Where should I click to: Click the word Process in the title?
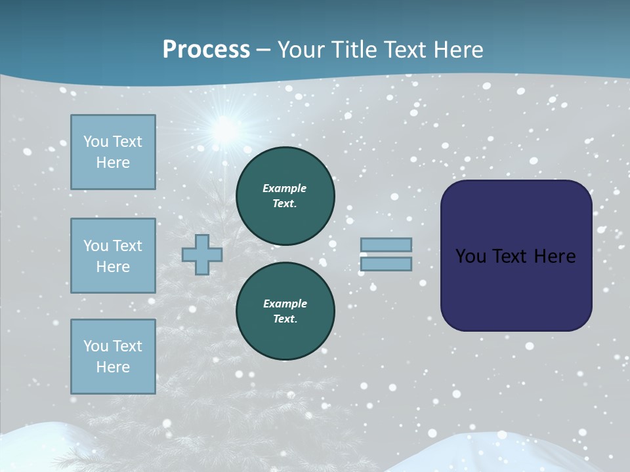206,50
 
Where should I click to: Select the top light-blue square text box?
113,152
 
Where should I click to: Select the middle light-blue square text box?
113,256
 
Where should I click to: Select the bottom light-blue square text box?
113,356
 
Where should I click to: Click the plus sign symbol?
201,255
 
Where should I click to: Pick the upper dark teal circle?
285,196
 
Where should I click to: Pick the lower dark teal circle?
285,311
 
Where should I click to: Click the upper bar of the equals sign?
386,245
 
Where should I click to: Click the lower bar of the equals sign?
386,264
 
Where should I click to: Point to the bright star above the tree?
225,128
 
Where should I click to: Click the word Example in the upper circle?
284,188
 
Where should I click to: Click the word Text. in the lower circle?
285,319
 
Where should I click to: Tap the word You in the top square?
95,142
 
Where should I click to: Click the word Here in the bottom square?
113,367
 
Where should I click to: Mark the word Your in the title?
299,50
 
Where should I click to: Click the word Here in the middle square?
113,267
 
